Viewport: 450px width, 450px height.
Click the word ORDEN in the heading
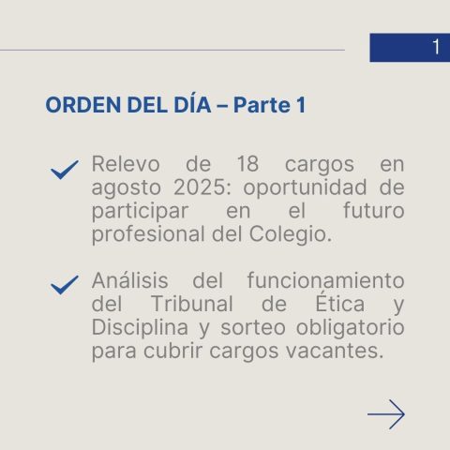(x=83, y=105)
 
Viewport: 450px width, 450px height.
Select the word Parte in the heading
(x=262, y=105)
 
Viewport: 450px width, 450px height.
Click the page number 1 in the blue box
(x=436, y=47)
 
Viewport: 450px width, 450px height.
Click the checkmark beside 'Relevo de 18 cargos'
(x=65, y=170)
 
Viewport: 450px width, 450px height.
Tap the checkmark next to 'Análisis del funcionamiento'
(x=65, y=285)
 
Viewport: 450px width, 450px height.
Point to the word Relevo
(x=126, y=164)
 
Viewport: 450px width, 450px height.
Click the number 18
(x=247, y=164)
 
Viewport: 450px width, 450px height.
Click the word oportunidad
(x=305, y=188)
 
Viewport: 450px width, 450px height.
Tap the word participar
(x=140, y=212)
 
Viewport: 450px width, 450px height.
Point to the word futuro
(x=374, y=210)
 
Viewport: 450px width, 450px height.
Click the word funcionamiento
(x=326, y=279)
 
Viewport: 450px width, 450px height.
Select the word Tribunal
(x=192, y=303)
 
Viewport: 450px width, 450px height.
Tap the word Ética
(x=340, y=302)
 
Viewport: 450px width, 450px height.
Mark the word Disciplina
(x=140, y=328)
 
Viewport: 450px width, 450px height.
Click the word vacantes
(x=335, y=352)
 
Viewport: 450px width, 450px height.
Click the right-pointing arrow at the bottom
(x=386, y=414)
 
